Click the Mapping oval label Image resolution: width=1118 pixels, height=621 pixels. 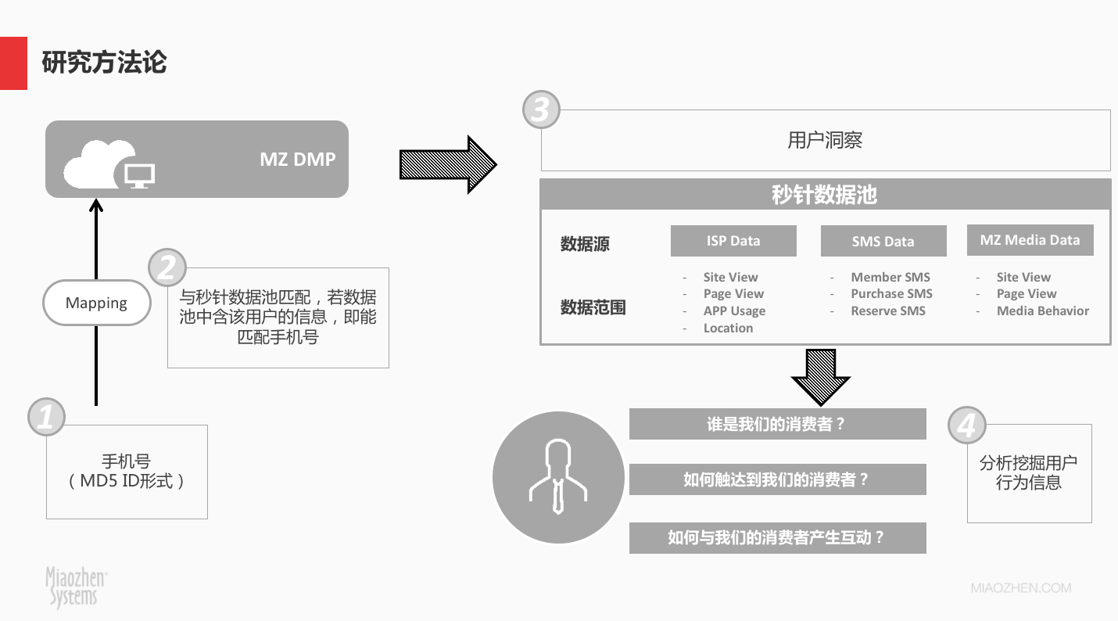coord(96,303)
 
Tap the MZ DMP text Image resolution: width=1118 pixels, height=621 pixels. coord(297,160)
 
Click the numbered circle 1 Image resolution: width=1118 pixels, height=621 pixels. coord(46,416)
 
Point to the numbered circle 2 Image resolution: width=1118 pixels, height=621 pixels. coord(167,268)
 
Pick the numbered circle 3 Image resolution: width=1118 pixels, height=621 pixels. coord(541,110)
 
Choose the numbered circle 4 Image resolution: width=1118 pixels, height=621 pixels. coord(966,425)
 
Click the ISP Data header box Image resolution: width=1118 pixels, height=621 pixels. coord(733,241)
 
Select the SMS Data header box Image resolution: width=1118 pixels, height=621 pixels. coord(883,242)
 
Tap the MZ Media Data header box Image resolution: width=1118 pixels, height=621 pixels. coord(1030,240)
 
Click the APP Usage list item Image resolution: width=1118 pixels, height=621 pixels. coord(734,310)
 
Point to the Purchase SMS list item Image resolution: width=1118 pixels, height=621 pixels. coord(891,293)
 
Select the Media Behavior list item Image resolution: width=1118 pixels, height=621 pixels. coord(1042,310)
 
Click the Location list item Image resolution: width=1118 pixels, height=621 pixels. coord(728,328)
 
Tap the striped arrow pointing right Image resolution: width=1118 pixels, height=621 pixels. coord(447,163)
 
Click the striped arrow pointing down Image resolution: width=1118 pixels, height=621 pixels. coord(820,376)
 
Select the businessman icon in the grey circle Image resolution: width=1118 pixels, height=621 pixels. coord(556,478)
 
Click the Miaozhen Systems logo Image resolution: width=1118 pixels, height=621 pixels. coord(76,586)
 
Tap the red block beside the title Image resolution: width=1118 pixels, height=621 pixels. coord(13,63)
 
